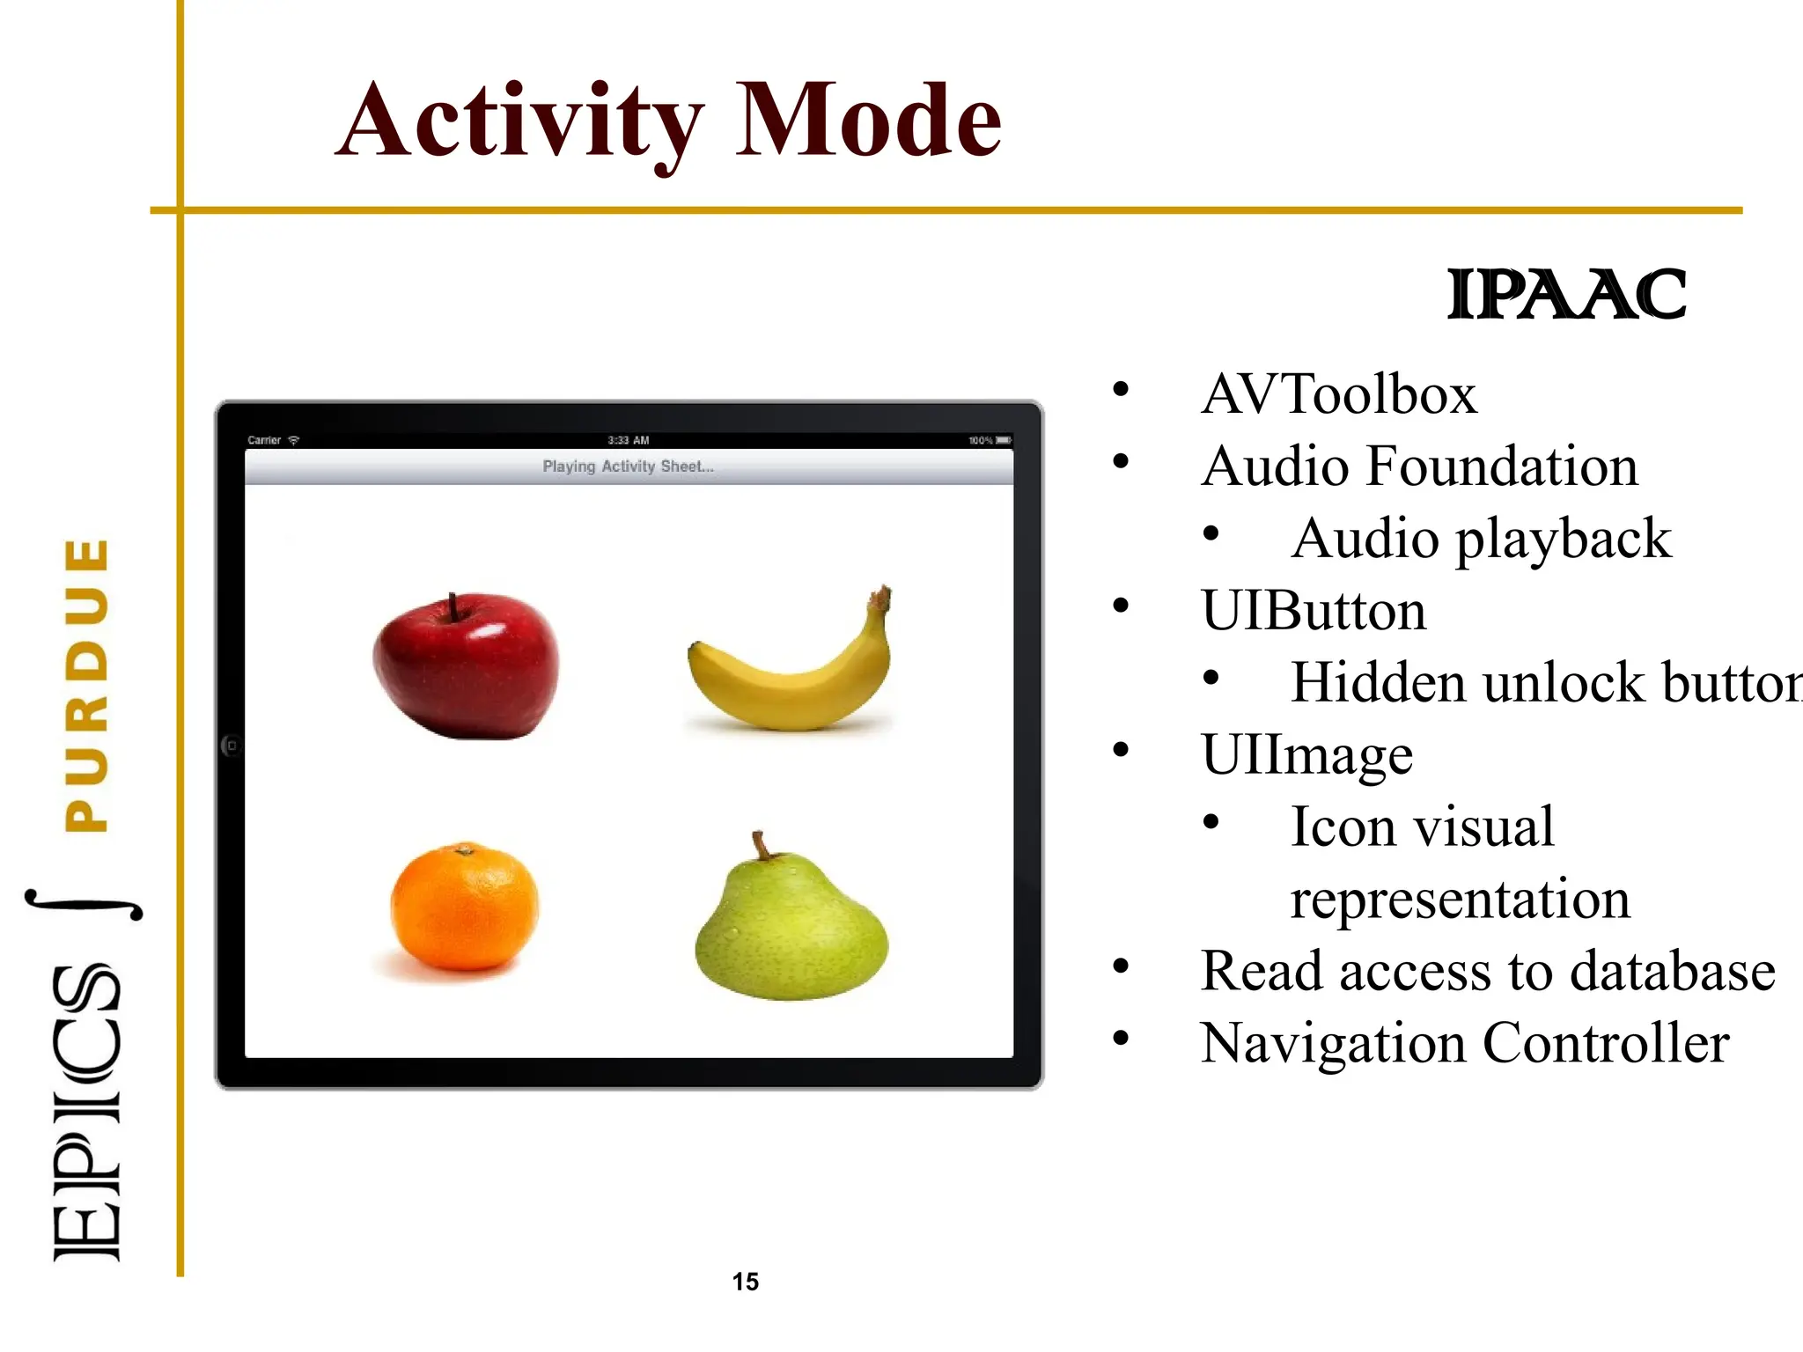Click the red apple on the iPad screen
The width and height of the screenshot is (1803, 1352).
tap(465, 666)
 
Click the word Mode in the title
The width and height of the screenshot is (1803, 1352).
tap(867, 121)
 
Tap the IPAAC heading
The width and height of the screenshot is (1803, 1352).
tap(1566, 295)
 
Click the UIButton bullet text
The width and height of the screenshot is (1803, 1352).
tap(1313, 610)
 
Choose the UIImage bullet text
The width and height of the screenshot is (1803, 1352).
tap(1306, 754)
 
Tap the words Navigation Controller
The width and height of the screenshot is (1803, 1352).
tap(1465, 1043)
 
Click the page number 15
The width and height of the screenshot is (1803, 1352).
tap(745, 1282)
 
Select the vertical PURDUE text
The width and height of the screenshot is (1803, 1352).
tap(87, 685)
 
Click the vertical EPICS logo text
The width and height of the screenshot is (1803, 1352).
tap(85, 1113)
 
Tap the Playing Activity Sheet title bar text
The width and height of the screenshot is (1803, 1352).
tap(628, 467)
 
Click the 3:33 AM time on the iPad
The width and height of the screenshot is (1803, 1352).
tap(628, 440)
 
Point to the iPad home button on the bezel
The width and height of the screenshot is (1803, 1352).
tap(232, 746)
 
